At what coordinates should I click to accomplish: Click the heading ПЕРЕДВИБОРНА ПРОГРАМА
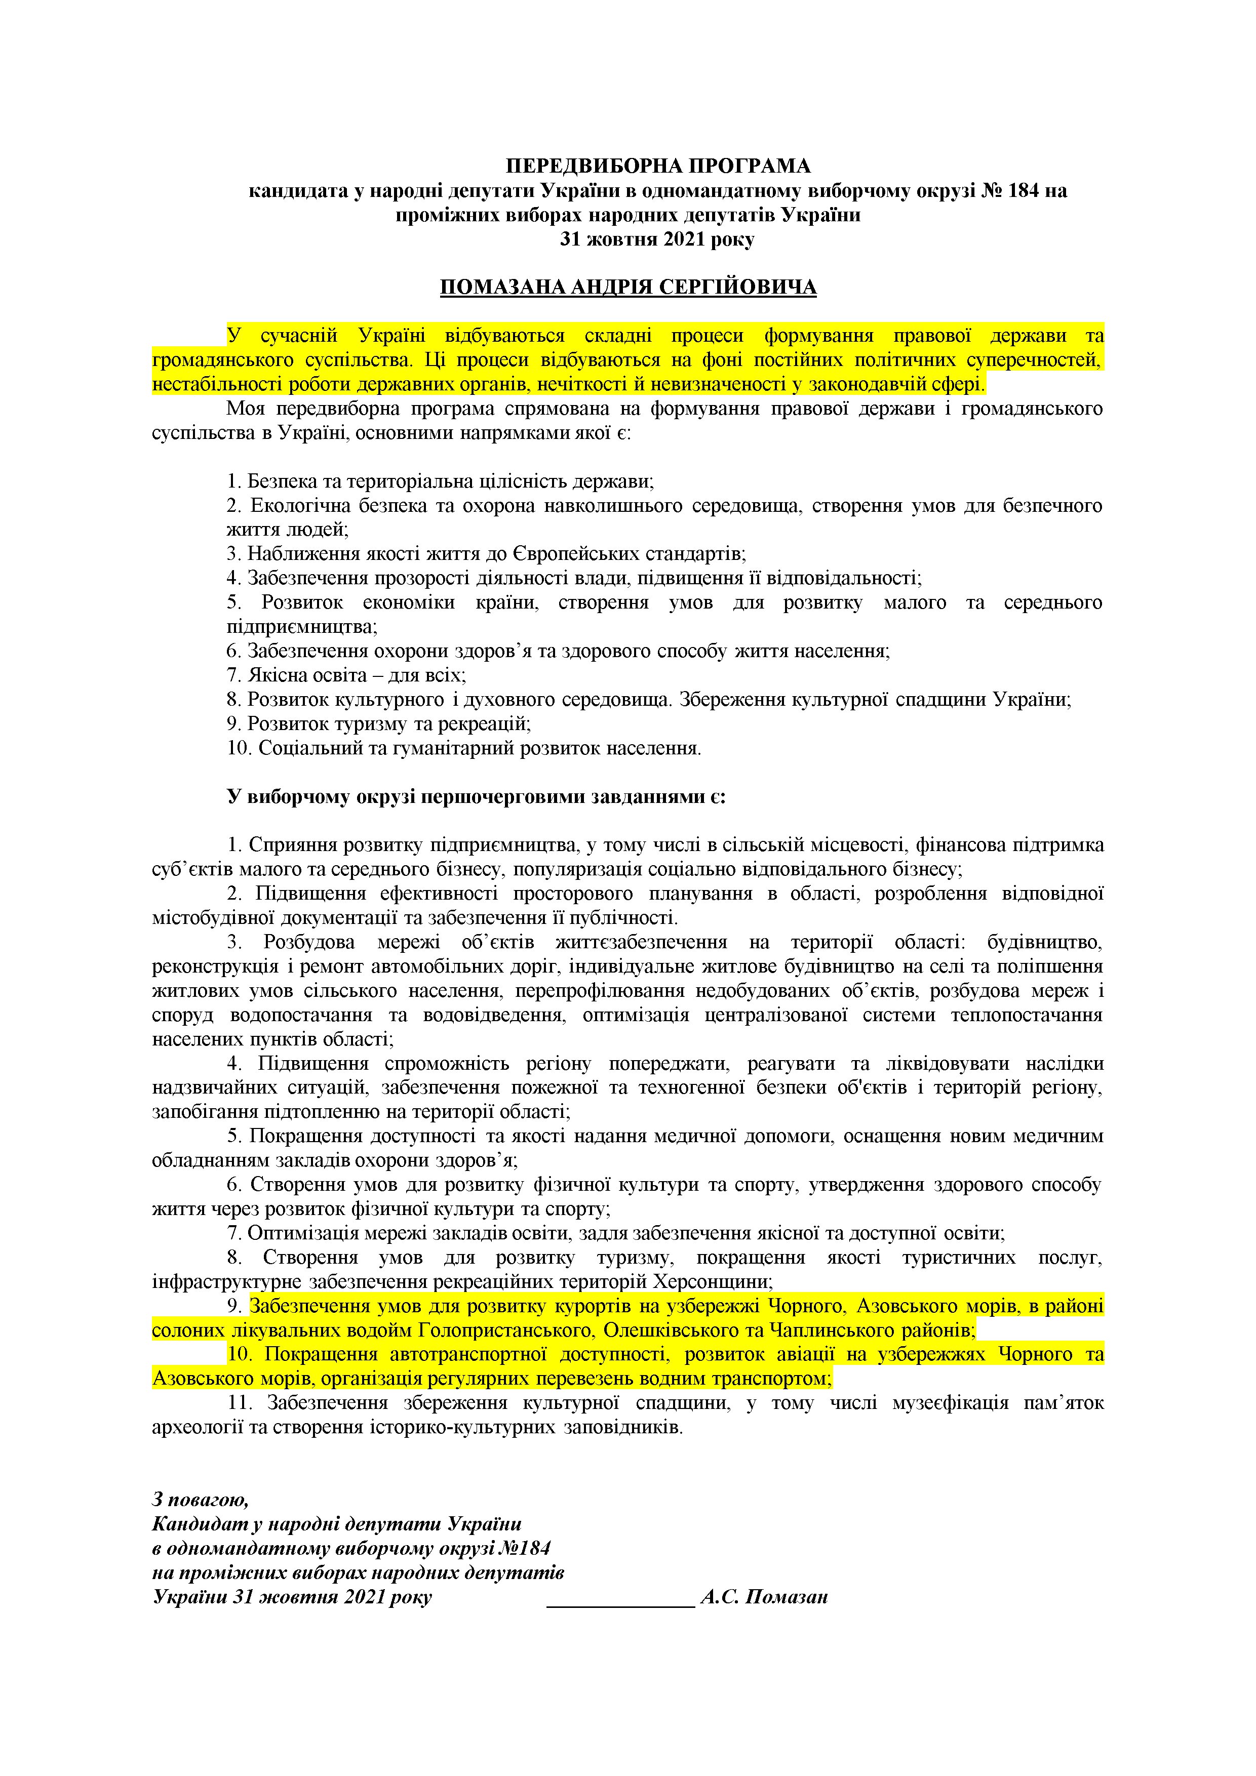click(x=658, y=166)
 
